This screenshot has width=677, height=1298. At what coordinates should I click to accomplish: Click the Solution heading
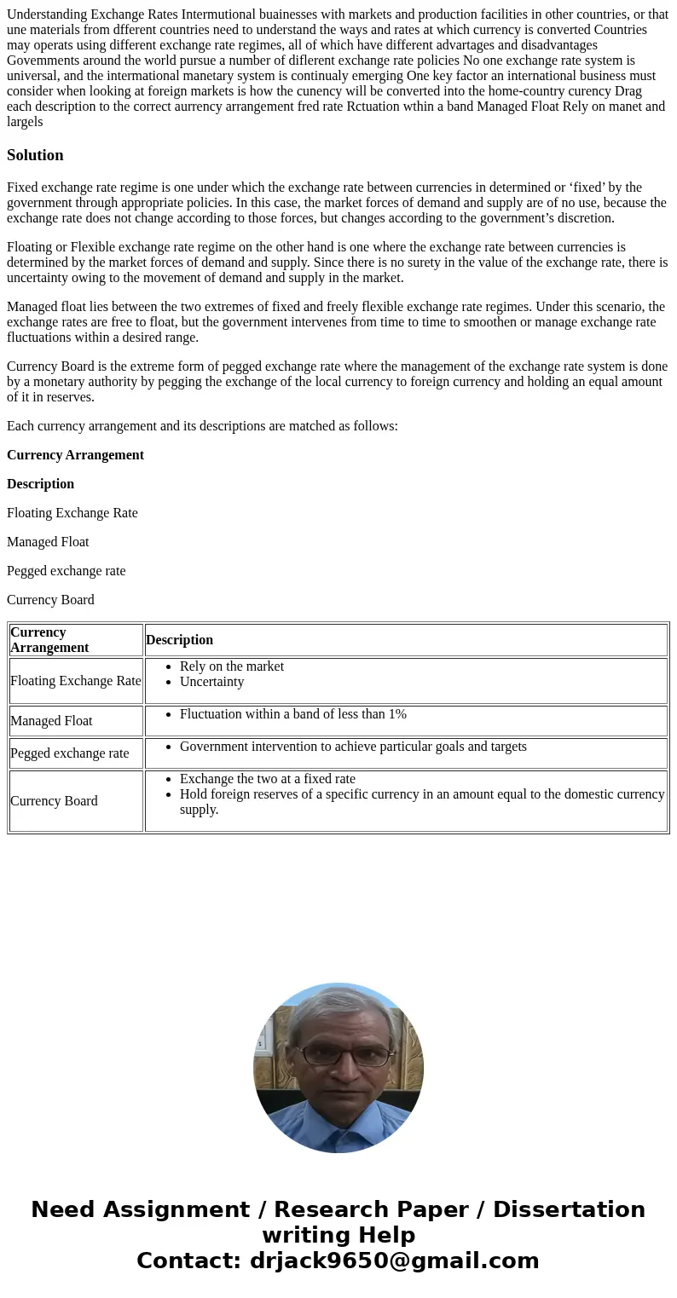pyautogui.click(x=35, y=155)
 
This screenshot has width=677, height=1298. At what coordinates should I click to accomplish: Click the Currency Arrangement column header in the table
pyautogui.click(x=49, y=639)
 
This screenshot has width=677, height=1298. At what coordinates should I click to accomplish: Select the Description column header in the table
pyautogui.click(x=179, y=640)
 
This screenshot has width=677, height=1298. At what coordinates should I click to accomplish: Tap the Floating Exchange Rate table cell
pyautogui.click(x=75, y=681)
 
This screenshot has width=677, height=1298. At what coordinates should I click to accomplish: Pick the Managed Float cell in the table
pyautogui.click(x=51, y=721)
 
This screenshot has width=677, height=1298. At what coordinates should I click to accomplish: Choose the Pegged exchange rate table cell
pyautogui.click(x=69, y=753)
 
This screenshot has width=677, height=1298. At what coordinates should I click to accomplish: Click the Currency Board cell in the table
pyautogui.click(x=54, y=801)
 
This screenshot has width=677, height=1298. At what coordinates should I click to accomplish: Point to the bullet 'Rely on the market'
pyautogui.click(x=231, y=666)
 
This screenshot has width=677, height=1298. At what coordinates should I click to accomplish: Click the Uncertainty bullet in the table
pyautogui.click(x=211, y=682)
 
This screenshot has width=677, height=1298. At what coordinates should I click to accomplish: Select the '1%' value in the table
pyautogui.click(x=396, y=714)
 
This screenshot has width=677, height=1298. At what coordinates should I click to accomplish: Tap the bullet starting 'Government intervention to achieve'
pyautogui.click(x=353, y=747)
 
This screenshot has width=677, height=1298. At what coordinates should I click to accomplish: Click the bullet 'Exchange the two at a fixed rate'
pyautogui.click(x=267, y=779)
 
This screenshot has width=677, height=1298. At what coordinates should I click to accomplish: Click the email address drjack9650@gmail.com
pyautogui.click(x=394, y=1261)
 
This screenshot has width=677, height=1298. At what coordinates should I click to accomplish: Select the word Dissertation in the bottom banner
pyautogui.click(x=569, y=1210)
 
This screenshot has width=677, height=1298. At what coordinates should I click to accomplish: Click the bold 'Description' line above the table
pyautogui.click(x=40, y=484)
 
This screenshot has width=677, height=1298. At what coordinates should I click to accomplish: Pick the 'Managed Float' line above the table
pyautogui.click(x=48, y=542)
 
